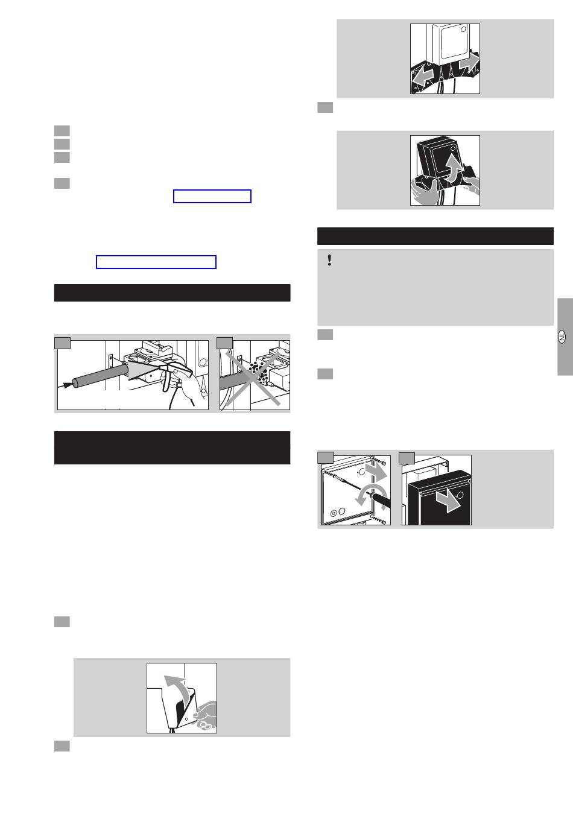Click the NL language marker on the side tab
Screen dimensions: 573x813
[x=562, y=337]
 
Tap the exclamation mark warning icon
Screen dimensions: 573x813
[x=329, y=260]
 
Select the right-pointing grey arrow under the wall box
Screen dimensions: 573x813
[x=469, y=63]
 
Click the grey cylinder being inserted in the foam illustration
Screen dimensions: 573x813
[x=100, y=377]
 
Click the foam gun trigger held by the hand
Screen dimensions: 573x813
[x=167, y=381]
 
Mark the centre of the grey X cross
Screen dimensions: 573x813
[x=253, y=378]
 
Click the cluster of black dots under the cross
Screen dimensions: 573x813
[x=258, y=372]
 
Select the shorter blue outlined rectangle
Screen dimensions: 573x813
[x=212, y=197]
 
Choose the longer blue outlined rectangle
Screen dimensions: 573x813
[x=156, y=262]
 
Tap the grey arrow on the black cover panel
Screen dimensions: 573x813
[x=448, y=501]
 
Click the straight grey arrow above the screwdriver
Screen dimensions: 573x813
[x=376, y=471]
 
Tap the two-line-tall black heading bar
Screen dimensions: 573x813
[x=172, y=448]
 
